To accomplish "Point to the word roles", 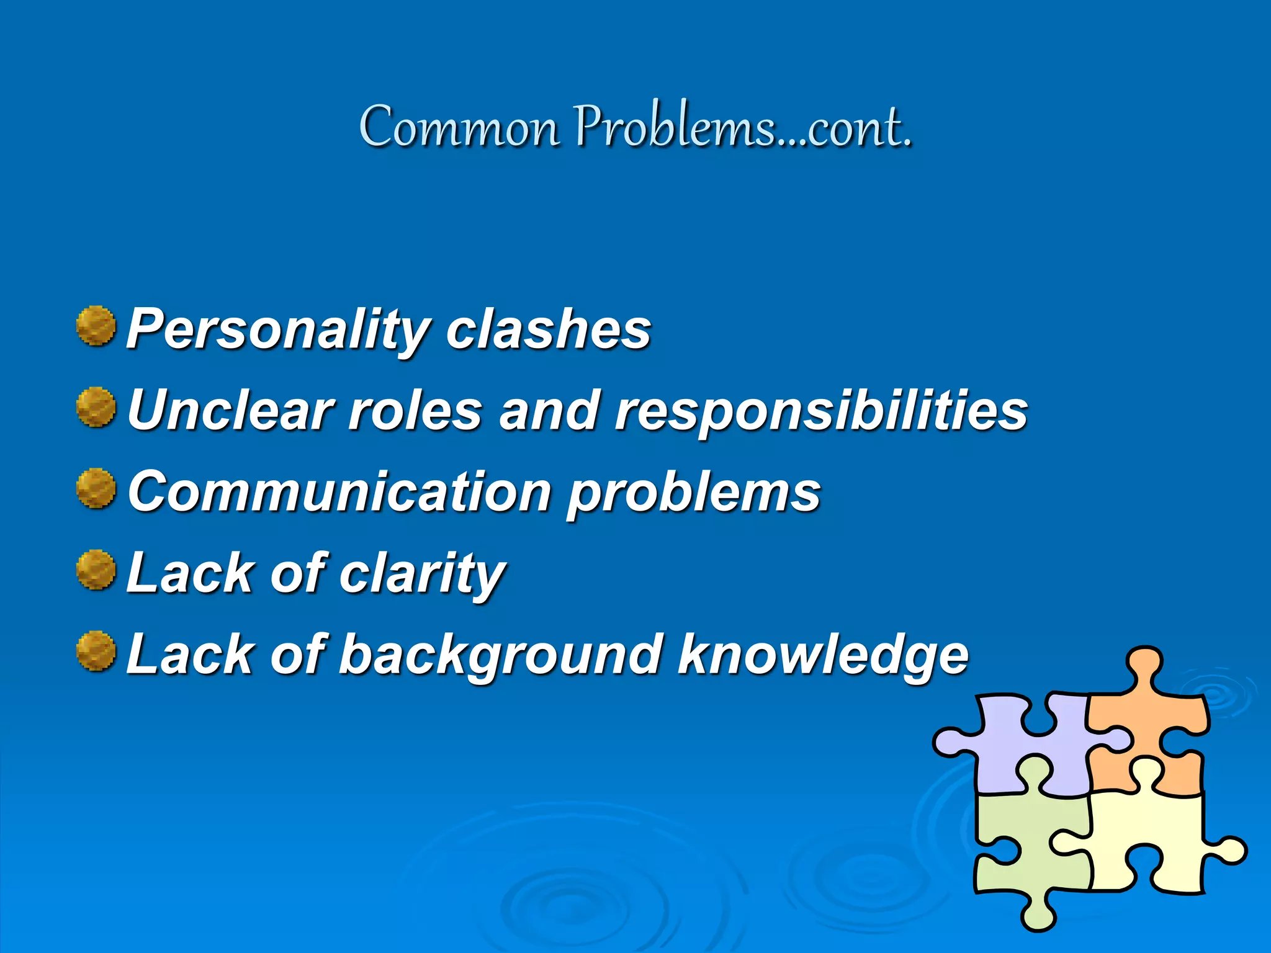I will (x=415, y=410).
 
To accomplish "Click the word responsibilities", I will (x=821, y=411).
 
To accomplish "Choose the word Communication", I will (x=339, y=491).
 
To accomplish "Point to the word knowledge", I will (x=823, y=655).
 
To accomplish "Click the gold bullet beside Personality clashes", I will (x=96, y=325).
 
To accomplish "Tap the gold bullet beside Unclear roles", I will (x=96, y=407).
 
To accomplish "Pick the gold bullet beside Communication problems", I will (x=96, y=488).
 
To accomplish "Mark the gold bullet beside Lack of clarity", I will (x=96, y=570).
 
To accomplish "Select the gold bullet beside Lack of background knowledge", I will (x=96, y=651).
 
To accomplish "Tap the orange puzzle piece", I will (x=1148, y=720).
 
